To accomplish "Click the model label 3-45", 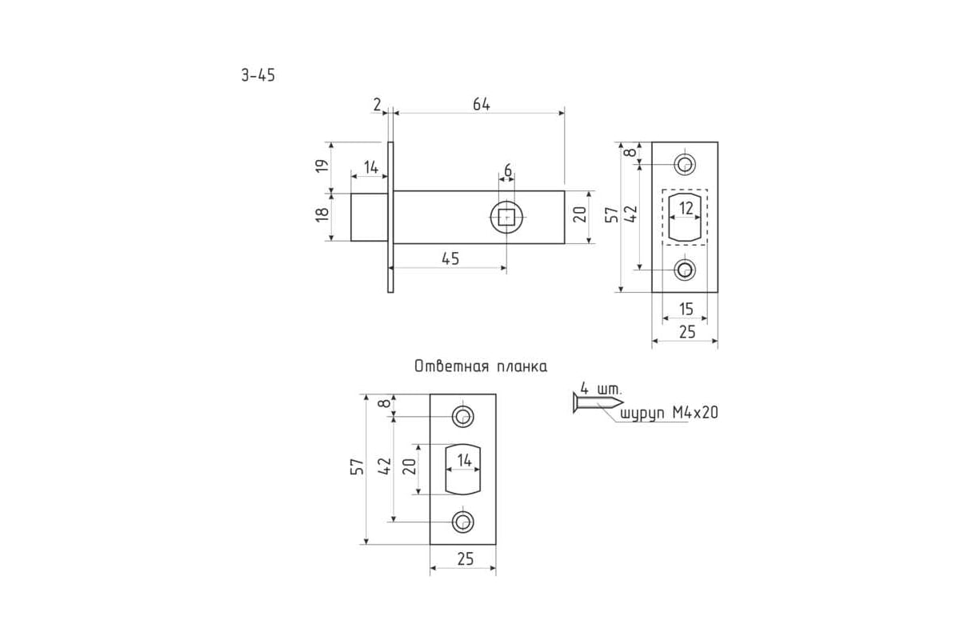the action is (258, 75).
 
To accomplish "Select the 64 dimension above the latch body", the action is (482, 104).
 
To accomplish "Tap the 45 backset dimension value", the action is (450, 258).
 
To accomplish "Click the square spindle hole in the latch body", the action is (506, 217).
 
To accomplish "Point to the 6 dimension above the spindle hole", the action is (508, 170).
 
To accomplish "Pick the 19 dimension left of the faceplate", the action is (322, 166).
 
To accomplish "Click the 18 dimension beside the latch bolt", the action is (322, 214).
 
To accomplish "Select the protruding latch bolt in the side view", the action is (369, 217).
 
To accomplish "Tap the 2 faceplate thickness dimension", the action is (377, 104).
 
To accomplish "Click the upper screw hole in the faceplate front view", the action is (685, 164).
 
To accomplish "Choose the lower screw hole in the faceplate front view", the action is (685, 270).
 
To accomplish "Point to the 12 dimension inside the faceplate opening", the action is (686, 208).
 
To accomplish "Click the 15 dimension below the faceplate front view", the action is (686, 309).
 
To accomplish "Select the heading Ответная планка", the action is (481, 366).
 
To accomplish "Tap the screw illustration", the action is (598, 402).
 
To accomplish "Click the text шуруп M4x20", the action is (669, 413).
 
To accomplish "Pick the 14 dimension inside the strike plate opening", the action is (464, 461).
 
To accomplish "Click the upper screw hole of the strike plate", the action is (463, 416).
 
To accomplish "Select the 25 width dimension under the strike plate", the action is (466, 559).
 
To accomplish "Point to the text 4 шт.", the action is (601, 389).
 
